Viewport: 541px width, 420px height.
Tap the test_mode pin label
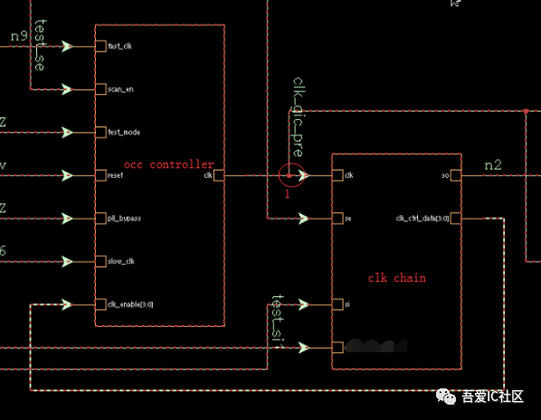click(x=123, y=133)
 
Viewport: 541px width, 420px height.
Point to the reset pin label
click(x=116, y=175)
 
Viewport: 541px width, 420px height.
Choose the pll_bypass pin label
click(x=123, y=219)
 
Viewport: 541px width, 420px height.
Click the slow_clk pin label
click(x=120, y=261)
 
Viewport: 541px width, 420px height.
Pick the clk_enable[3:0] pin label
click(x=130, y=304)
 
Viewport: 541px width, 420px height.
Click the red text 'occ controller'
click(x=168, y=164)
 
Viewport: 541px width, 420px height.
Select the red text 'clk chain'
click(x=396, y=277)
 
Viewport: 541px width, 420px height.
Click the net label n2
click(x=493, y=164)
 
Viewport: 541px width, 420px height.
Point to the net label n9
click(x=20, y=35)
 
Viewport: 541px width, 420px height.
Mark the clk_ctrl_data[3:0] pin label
click(x=422, y=218)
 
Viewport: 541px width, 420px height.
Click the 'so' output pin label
click(x=444, y=175)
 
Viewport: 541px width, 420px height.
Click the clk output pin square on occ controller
click(x=219, y=175)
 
